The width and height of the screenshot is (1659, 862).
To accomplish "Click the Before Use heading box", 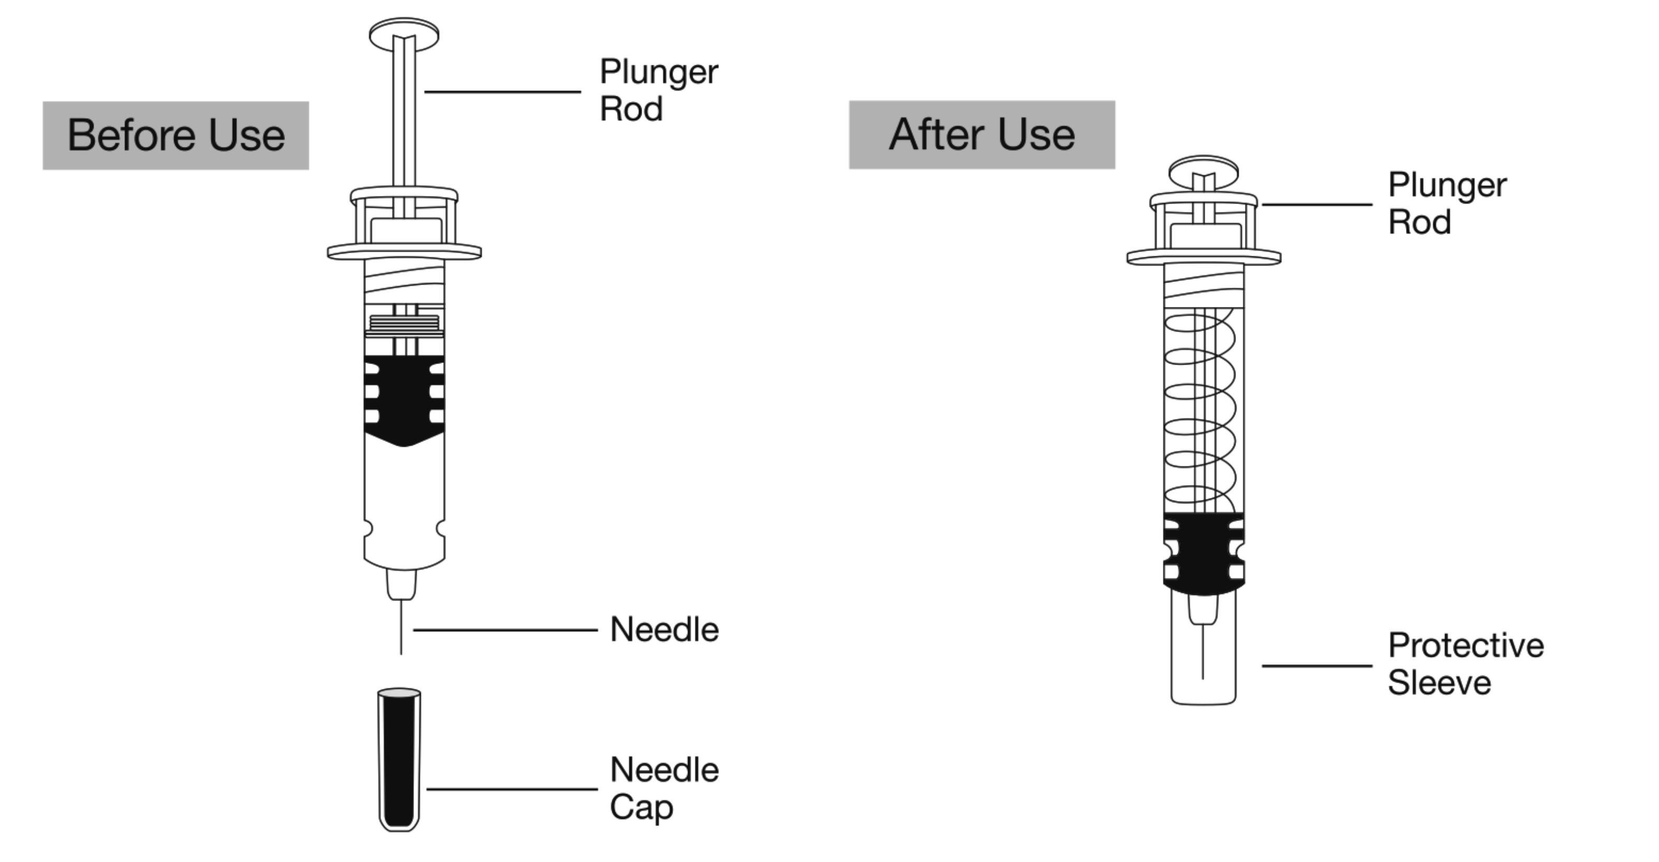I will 175,135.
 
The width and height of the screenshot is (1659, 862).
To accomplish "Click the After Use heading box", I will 981,134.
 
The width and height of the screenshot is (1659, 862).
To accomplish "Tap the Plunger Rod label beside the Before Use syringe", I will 658,90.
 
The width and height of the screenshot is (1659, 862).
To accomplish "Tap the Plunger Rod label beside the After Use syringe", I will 1447,203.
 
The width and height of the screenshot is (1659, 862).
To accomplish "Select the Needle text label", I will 664,629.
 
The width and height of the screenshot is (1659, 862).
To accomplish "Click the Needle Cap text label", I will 664,788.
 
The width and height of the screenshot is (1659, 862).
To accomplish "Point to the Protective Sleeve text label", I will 1465,664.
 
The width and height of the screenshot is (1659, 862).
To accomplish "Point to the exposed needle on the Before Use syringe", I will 401,628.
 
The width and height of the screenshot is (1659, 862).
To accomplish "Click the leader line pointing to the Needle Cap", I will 512,789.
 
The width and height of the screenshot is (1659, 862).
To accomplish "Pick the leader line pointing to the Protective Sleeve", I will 1317,665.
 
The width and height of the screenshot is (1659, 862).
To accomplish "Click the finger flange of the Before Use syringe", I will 404,251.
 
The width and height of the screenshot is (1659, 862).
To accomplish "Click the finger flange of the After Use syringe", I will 1203,256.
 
